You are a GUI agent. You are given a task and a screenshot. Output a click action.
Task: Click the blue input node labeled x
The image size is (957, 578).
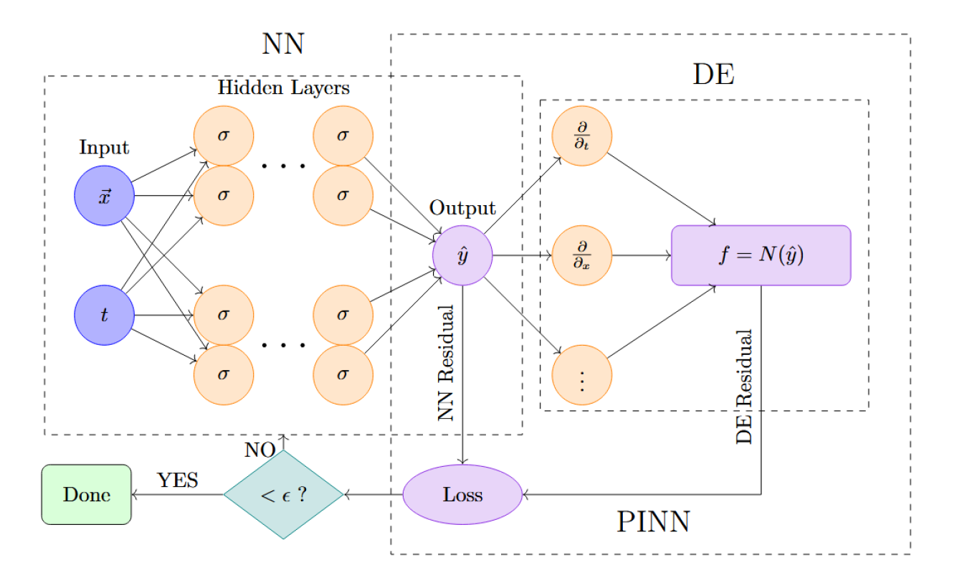tap(105, 195)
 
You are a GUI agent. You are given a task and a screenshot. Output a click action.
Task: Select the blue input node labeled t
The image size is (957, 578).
tap(105, 315)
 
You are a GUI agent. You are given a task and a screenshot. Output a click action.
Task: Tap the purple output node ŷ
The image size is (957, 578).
tap(462, 255)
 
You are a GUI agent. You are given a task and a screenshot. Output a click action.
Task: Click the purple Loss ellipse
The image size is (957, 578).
tap(462, 495)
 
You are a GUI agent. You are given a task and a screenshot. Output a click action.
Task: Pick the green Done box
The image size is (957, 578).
tap(87, 495)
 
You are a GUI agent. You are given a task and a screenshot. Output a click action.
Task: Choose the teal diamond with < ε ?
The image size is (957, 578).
tap(283, 495)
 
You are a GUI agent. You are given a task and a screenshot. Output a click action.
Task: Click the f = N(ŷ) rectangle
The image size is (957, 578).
tap(761, 255)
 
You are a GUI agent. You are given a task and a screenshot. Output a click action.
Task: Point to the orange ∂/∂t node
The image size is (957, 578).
tap(581, 136)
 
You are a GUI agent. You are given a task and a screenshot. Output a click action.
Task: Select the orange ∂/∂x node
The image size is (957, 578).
tap(581, 255)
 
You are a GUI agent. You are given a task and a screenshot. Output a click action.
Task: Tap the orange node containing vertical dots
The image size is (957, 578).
tap(581, 375)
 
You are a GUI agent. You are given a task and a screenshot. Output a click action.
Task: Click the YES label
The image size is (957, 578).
tap(178, 480)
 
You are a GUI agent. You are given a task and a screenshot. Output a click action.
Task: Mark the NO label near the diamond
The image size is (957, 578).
tap(260, 450)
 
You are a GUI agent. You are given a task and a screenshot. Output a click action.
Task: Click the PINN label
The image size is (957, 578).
tap(653, 522)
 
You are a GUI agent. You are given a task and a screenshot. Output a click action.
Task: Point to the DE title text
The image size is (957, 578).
tap(714, 74)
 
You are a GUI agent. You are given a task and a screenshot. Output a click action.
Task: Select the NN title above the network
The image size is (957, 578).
tap(283, 44)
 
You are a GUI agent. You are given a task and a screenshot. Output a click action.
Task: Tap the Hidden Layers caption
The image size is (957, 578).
tap(283, 88)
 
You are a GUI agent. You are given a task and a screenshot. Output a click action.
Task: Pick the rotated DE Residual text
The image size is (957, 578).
tap(745, 387)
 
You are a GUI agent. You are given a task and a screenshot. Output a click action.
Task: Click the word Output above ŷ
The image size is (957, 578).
tap(462, 209)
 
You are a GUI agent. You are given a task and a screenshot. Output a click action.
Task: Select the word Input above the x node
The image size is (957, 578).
tap(105, 148)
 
